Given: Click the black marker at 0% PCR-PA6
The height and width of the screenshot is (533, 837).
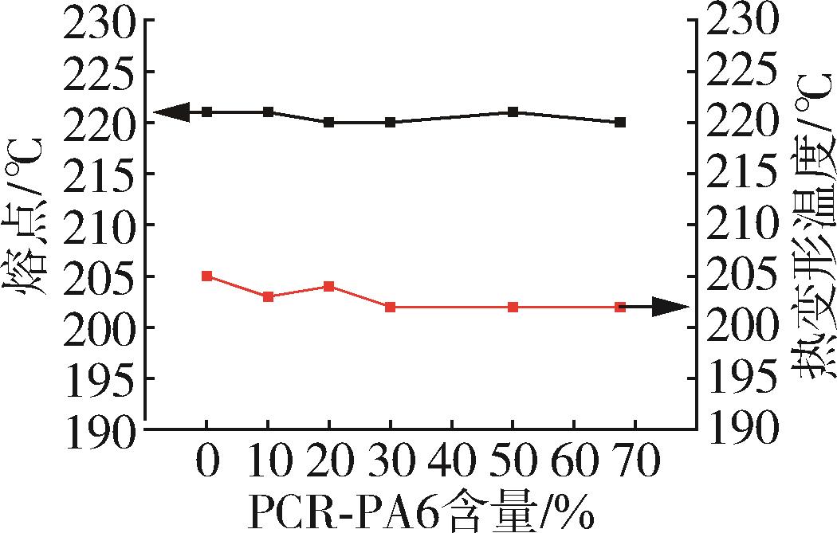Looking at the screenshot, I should coord(207,112).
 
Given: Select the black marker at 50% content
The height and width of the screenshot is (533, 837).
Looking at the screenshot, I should coord(513,112).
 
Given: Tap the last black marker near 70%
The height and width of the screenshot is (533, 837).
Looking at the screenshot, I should coord(620,122).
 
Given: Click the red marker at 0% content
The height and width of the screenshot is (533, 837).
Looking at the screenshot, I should coord(207,276).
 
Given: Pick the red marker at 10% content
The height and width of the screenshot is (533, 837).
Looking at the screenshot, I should coord(269,296).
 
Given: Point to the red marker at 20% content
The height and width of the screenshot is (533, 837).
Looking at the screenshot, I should coord(329,286).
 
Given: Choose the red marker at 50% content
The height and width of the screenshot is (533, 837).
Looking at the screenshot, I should coord(513,307).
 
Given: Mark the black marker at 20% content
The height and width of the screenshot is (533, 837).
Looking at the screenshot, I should coord(329,122).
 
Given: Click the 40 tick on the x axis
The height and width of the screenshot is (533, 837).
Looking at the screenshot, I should coord(452,462).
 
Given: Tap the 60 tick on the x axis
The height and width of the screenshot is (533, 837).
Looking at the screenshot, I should coord(574,462).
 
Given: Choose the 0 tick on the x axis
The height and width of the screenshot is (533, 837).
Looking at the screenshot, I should coord(207,462).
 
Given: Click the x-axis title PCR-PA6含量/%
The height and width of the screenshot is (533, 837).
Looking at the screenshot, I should coord(422,510).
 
